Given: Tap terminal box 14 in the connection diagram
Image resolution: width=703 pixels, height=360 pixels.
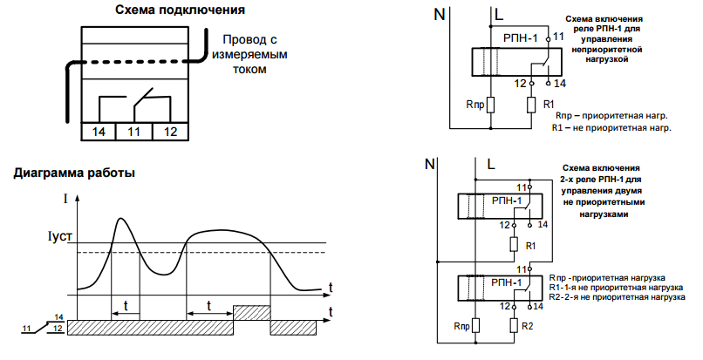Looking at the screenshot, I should (x=99, y=132).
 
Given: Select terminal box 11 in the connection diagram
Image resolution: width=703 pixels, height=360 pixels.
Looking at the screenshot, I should (x=134, y=132).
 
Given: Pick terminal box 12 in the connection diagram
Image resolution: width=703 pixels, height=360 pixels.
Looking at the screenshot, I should (x=170, y=132).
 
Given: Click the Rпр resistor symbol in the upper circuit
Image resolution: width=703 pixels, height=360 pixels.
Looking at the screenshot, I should (x=490, y=105).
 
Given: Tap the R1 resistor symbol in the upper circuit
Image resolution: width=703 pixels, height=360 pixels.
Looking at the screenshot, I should (x=533, y=105).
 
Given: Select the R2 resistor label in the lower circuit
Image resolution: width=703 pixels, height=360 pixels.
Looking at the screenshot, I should (x=527, y=326).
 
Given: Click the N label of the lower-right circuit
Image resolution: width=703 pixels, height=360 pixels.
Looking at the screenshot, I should (x=428, y=163).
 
